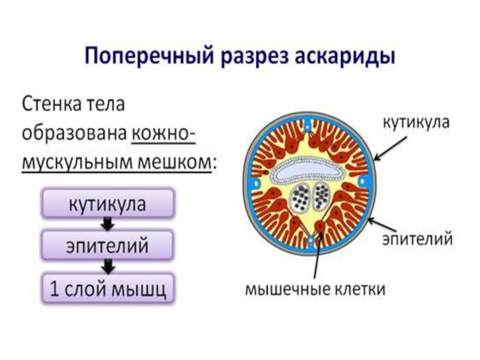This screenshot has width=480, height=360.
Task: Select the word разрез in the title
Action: tap(257, 59)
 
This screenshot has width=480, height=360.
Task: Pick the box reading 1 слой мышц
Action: tap(107, 289)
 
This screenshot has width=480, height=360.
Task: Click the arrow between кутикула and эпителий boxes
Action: tap(107, 224)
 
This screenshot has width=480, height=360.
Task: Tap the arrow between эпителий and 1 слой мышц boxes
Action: tap(107, 266)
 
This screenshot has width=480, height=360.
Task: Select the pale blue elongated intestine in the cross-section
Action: tap(306, 172)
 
